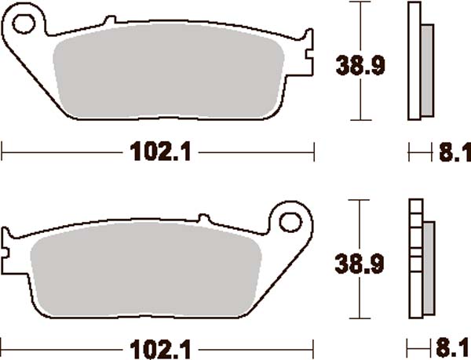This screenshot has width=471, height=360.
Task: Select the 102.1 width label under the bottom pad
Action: tap(158, 346)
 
